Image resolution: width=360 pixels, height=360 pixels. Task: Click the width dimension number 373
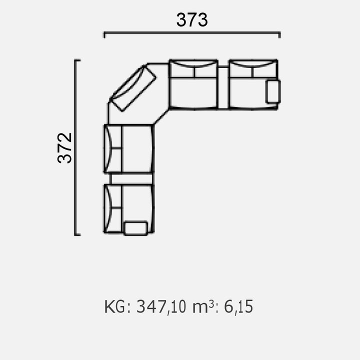point(192,20)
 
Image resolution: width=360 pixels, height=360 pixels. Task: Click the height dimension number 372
point(64,148)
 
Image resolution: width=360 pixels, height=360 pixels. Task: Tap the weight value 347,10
point(161,307)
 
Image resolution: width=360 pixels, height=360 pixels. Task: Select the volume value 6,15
point(238,307)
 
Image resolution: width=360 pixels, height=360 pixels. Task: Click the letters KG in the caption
point(115,306)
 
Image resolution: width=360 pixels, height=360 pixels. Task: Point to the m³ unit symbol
point(203,306)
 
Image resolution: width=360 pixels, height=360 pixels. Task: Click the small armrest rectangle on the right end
point(273,91)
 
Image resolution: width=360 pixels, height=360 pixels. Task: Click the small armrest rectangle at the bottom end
point(135,228)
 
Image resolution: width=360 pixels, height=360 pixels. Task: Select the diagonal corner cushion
point(133,88)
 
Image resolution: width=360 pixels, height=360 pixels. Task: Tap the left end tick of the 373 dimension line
point(104,35)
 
